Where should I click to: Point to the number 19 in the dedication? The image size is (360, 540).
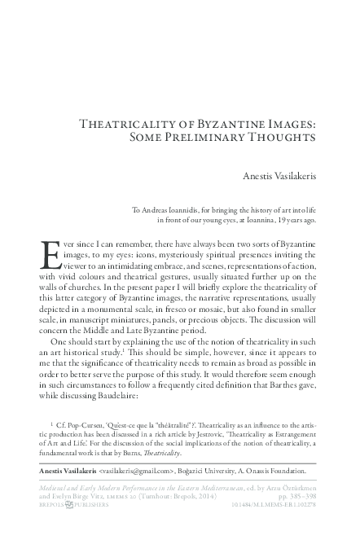[288, 220]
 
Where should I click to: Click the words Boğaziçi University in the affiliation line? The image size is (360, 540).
[225, 470]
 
